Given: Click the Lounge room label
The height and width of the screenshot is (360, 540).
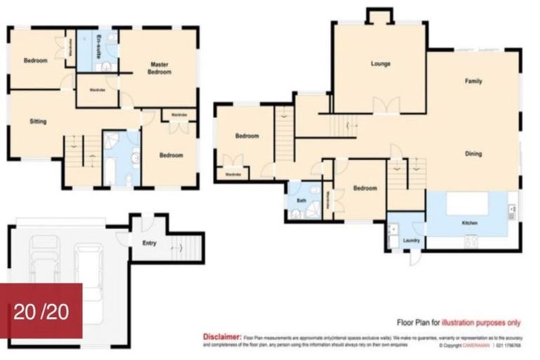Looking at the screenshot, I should tap(381, 64).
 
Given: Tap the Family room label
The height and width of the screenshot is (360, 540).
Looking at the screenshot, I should tap(473, 82).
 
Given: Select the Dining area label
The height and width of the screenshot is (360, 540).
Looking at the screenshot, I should tap(473, 154).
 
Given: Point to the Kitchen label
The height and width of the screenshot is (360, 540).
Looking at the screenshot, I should tap(470, 222).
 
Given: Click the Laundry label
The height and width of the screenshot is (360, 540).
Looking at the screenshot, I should tap(411, 240).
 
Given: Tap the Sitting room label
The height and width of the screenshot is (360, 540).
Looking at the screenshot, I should tap(38, 121).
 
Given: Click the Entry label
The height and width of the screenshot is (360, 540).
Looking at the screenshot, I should tap(149, 243).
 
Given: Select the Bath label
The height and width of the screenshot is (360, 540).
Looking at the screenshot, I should tap(301, 200).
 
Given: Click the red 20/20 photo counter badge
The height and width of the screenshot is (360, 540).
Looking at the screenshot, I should tap(41, 311).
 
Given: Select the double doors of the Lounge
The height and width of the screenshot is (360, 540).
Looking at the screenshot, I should tap(386, 106).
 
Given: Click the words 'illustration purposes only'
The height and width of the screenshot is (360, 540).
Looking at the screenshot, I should tap(481, 323).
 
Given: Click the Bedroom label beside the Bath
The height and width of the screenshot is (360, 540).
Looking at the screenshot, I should tap(365, 188).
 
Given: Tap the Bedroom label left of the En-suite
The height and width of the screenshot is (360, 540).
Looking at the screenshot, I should tap(35, 60).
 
